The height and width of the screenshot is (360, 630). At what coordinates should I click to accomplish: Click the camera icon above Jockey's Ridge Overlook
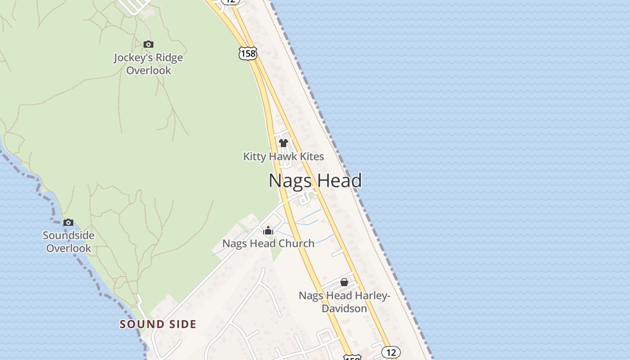coord(148,44)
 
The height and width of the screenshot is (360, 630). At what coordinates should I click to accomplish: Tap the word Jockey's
coord(130,58)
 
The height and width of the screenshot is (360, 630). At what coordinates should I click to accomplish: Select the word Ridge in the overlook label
coord(166,58)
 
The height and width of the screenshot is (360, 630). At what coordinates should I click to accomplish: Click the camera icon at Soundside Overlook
coord(68,222)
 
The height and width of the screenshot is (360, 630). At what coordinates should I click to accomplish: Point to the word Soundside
coord(68,235)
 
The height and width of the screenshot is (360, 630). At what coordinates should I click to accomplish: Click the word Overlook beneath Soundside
coord(68,248)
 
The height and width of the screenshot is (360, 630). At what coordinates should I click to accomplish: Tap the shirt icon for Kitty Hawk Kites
coord(283,143)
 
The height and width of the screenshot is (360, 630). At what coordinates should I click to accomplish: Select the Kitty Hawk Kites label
coord(283,157)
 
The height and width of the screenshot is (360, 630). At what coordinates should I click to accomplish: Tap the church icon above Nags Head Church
coord(268,231)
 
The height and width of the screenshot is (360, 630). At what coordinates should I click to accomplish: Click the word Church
coord(295,243)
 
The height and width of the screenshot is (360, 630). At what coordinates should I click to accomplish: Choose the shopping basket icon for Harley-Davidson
coord(344,282)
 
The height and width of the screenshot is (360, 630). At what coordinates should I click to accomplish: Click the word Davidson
coord(344,308)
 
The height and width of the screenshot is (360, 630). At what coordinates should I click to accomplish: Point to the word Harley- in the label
coord(373,296)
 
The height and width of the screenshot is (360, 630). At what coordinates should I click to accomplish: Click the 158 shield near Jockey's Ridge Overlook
coord(247,54)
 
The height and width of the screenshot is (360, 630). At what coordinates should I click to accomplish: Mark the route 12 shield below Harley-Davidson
coord(391,352)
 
